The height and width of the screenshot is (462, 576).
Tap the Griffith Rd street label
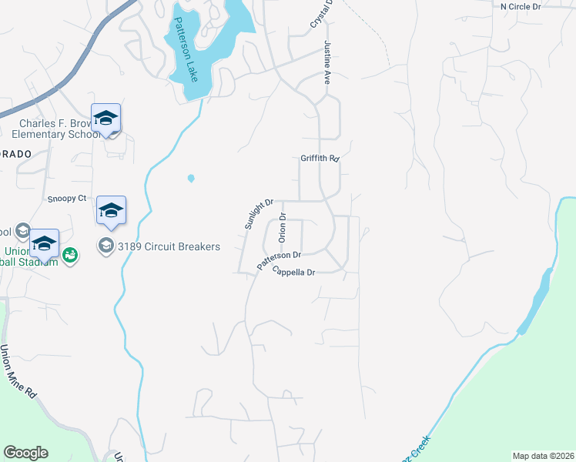coord(320,159)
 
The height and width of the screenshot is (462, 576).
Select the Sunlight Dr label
coord(260,214)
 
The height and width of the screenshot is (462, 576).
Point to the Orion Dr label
coord(283,227)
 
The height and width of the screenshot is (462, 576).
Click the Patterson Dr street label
coord(278,260)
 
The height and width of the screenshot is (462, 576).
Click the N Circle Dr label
coord(521,6)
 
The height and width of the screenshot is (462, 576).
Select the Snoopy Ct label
coord(66,198)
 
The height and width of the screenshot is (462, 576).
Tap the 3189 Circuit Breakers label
coord(168,247)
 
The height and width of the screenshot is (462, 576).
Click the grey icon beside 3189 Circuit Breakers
coord(104,247)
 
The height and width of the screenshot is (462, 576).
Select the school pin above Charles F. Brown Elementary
coord(105,119)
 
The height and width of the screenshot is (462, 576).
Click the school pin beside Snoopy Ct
coord(111,211)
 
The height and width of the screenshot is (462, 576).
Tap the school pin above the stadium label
coord(45,245)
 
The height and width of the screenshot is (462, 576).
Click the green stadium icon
coord(70,253)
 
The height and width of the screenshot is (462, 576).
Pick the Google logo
coord(25,453)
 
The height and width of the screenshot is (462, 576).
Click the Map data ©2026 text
coord(543,456)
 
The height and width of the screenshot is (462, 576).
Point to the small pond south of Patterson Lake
coord(190,179)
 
